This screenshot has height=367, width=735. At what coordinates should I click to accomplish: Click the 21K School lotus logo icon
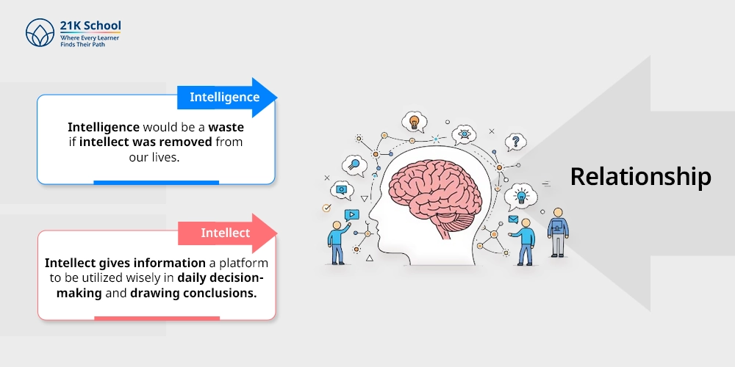(40, 33)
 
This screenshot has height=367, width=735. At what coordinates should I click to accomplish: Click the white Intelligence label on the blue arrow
(224, 97)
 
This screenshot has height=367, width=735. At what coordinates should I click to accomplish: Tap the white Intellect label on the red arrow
(226, 233)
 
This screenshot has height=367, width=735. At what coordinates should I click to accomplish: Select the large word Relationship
(640, 177)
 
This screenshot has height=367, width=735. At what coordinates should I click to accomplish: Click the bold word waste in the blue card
(226, 127)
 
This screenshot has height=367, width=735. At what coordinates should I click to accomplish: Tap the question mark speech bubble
(516, 142)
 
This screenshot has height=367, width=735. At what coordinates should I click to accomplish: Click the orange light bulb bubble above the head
(415, 122)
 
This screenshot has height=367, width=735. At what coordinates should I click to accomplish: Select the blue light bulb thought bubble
(520, 197)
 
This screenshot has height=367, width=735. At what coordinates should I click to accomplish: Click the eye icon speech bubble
(464, 135)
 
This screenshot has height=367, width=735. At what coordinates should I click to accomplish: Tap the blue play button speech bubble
(351, 215)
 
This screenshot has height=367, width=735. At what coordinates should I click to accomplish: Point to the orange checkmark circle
(327, 208)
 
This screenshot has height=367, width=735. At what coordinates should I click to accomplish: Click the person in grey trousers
(558, 233)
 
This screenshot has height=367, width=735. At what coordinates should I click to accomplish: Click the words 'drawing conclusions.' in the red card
(193, 294)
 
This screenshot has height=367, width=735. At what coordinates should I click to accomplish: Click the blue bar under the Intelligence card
(156, 183)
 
